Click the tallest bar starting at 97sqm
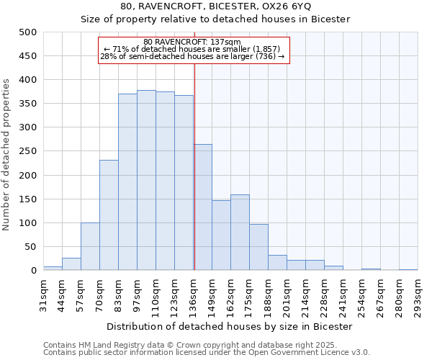coord(146,181)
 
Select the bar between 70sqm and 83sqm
coord(109,215)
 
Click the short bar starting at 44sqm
coord(71,264)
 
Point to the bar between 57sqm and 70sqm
coord(90,247)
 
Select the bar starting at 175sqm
coord(258,248)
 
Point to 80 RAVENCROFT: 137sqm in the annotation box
coord(192,42)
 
